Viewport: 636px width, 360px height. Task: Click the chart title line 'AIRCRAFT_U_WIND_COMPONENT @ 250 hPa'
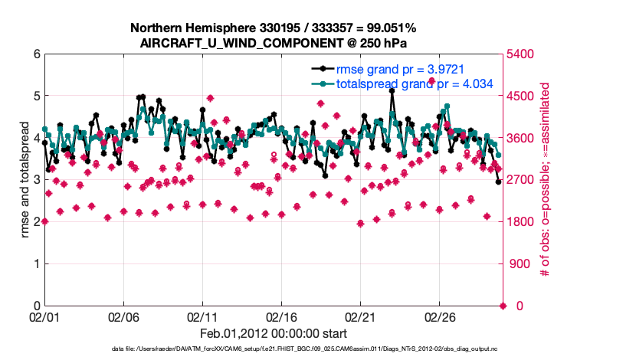tap(274, 43)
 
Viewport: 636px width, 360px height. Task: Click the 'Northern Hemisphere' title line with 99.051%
tap(274, 28)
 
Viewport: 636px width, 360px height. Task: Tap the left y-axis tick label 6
tap(36, 54)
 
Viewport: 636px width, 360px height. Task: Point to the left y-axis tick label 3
tap(36, 180)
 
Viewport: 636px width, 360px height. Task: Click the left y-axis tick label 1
tap(36, 264)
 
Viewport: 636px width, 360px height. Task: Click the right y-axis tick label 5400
tap(520, 54)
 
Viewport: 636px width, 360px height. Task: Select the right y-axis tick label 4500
tap(520, 97)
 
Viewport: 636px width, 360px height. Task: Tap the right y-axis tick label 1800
tap(520, 222)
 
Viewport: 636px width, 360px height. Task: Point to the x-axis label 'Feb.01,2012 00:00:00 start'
tap(274, 333)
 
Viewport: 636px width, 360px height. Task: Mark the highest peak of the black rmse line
tap(392, 90)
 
